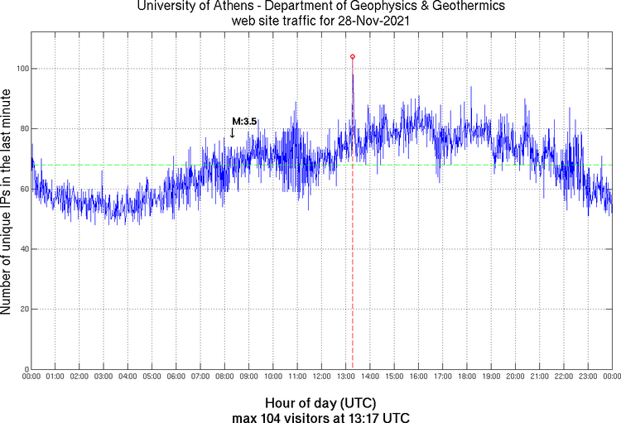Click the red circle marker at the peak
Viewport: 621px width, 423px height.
[x=353, y=56]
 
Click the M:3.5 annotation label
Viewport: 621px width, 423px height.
[x=243, y=121]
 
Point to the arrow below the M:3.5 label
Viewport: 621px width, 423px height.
[x=233, y=132]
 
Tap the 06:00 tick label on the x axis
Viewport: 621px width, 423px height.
[x=176, y=377]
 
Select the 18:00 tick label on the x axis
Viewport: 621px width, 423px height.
[x=466, y=377]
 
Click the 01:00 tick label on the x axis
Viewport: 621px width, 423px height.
[x=55, y=377]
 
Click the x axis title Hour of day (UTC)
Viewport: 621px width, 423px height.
[x=321, y=403]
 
